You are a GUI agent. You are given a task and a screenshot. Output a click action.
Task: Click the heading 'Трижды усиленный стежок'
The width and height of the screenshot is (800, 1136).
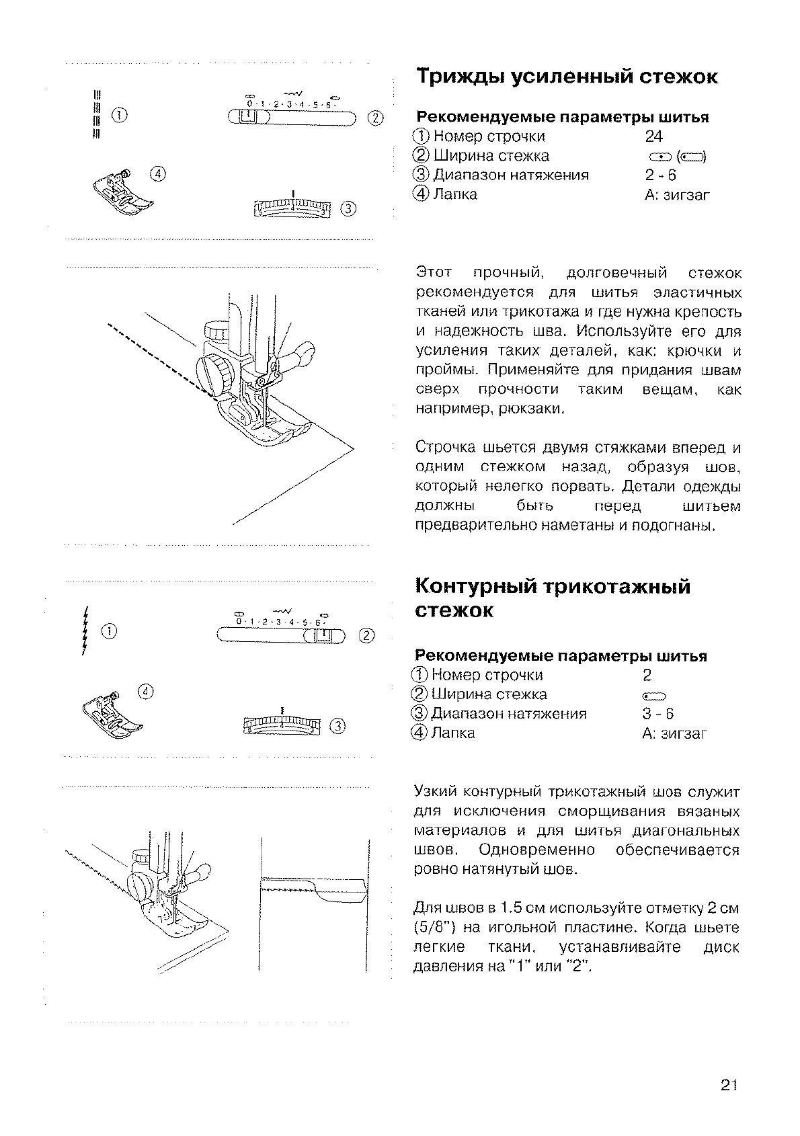(x=567, y=77)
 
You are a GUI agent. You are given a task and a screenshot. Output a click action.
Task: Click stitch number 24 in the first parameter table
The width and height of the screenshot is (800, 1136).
(x=653, y=136)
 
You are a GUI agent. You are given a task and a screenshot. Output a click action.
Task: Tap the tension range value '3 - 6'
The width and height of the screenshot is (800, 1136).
(x=657, y=714)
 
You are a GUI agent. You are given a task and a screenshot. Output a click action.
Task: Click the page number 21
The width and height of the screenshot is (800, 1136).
(x=729, y=1084)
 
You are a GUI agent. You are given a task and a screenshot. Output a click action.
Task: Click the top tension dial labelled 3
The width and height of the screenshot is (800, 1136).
(x=293, y=208)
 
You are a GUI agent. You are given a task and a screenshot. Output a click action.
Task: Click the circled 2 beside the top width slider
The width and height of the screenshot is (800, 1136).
(x=375, y=118)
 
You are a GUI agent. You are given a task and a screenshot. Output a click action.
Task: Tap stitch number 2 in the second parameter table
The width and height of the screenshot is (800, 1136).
(x=647, y=675)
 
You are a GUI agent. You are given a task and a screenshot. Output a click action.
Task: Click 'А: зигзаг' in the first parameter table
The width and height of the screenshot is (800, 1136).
(x=676, y=196)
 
